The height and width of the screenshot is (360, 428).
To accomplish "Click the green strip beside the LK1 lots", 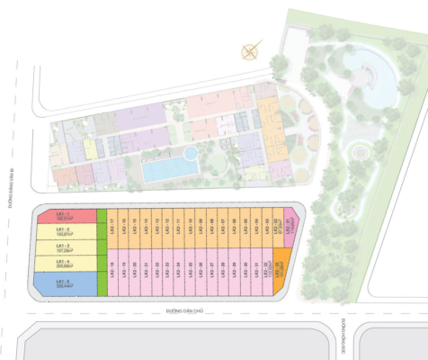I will tap(101, 253).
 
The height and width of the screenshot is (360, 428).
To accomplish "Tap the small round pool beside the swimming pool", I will tap(191, 154).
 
